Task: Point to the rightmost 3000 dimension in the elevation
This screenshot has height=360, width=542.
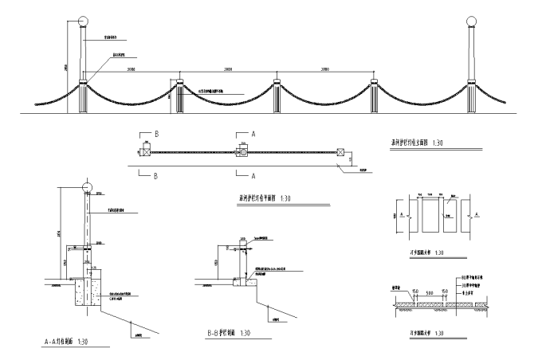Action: tap(324, 70)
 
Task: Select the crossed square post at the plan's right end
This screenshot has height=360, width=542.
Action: tap(341, 151)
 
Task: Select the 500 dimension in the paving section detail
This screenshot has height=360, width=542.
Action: tap(431, 292)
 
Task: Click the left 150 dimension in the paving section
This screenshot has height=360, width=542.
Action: tap(416, 292)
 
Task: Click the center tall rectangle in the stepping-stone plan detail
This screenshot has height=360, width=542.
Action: tap(430, 215)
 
